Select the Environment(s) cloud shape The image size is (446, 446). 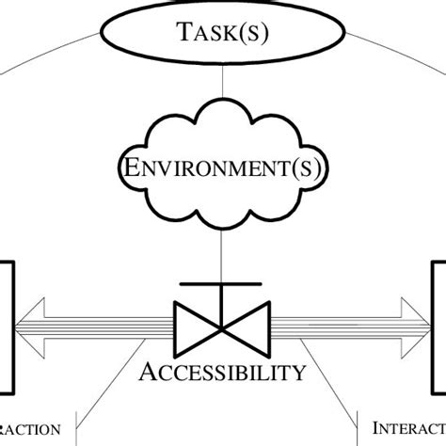223,170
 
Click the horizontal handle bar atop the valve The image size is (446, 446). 222,283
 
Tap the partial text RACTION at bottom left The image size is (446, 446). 28,430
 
